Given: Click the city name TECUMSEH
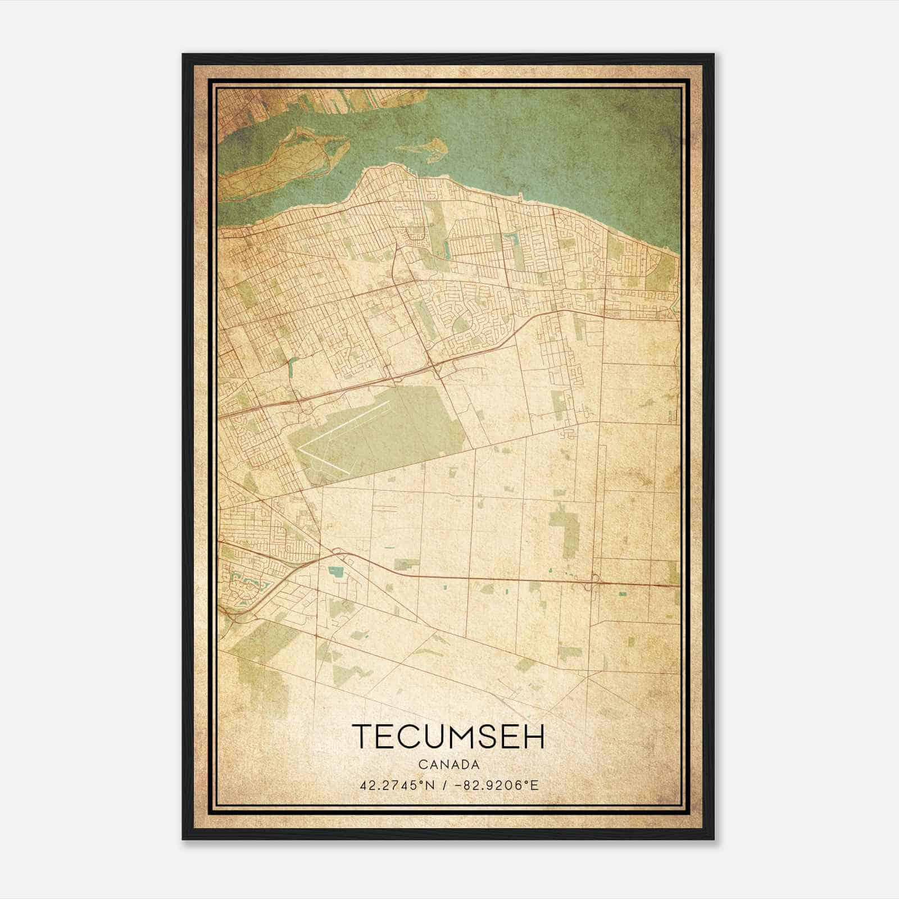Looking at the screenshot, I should (448, 737).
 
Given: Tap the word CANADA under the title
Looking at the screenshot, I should (448, 765).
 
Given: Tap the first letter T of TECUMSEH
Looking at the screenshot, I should (362, 737).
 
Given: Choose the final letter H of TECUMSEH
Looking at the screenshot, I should (534, 737).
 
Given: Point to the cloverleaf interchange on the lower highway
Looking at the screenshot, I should (593, 582).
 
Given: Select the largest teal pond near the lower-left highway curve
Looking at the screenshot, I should (336, 571).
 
